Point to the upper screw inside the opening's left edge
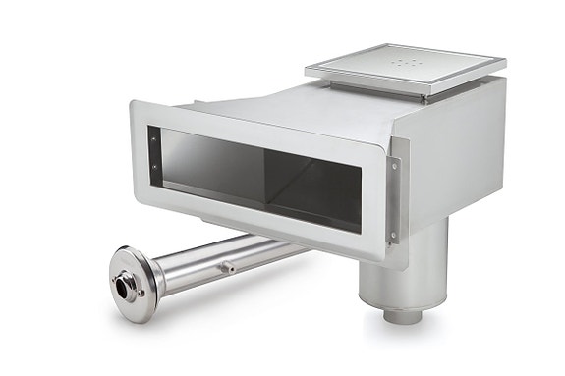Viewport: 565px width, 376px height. pyautogui.click(x=154, y=139)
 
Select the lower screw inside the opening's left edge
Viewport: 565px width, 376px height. pyautogui.click(x=154, y=167)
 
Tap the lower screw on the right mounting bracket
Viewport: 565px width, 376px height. pyautogui.click(x=392, y=234)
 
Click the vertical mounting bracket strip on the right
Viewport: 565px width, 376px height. pyautogui.click(x=395, y=201)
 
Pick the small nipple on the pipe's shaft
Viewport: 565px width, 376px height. pyautogui.click(x=227, y=265)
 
